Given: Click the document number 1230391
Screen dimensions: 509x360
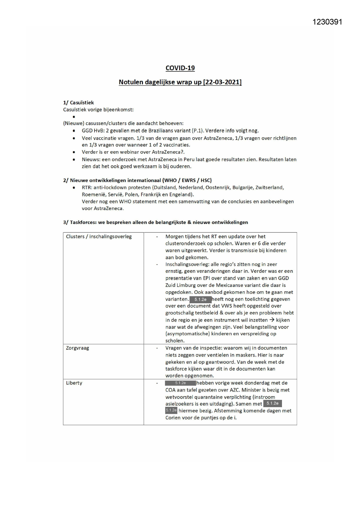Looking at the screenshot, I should click(x=327, y=22).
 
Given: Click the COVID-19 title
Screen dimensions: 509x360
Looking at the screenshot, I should click(x=180, y=68).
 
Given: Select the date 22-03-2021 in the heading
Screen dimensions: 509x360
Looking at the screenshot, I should click(x=222, y=82).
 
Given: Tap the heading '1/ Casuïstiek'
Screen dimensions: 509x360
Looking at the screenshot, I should click(x=78, y=102).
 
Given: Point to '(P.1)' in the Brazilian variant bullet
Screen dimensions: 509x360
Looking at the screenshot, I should click(x=198, y=131).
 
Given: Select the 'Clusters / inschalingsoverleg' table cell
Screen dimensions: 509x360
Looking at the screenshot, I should click(x=99, y=237).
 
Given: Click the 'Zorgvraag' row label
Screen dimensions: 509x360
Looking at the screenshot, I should click(x=77, y=348).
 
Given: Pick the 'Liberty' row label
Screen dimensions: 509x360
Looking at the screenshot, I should click(x=74, y=383).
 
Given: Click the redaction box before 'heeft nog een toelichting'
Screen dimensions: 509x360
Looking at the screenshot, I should click(x=200, y=299).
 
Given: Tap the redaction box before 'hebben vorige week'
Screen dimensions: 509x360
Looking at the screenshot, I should click(x=180, y=383).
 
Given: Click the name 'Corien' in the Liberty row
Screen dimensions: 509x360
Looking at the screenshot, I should click(x=173, y=418).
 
